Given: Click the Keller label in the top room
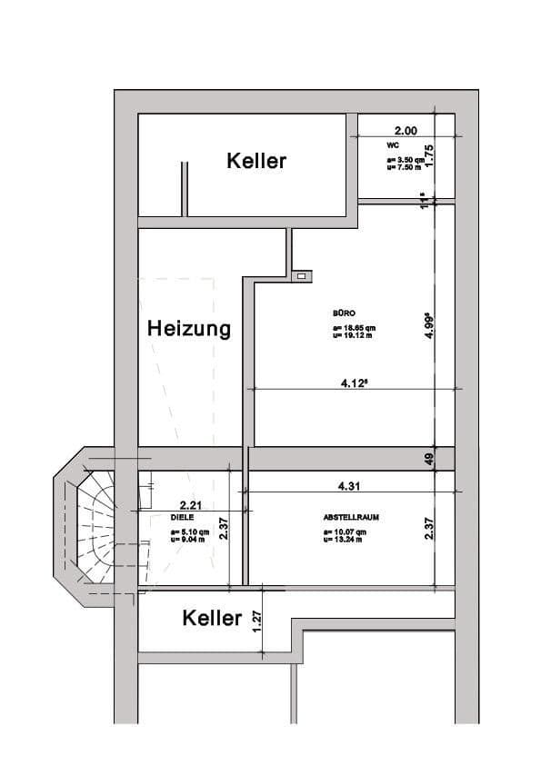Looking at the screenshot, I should tap(256, 161).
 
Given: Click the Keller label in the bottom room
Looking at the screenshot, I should tap(212, 619).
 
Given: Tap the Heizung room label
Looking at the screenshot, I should tap(189, 329).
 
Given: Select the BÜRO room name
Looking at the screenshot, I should tap(345, 313).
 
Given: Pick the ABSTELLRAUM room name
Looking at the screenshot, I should tap(350, 517).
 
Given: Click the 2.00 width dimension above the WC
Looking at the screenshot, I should tap(406, 131).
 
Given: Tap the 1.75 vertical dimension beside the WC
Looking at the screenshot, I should tap(431, 155).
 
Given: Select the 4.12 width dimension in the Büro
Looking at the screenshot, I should tap(354, 383).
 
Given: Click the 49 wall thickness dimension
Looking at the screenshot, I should tap(431, 459).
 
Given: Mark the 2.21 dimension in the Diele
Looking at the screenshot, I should tap(191, 505).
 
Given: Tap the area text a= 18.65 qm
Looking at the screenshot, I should tap(355, 328).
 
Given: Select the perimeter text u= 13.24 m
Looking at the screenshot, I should tap(345, 539).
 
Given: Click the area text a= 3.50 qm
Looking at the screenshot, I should tap(406, 159).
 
